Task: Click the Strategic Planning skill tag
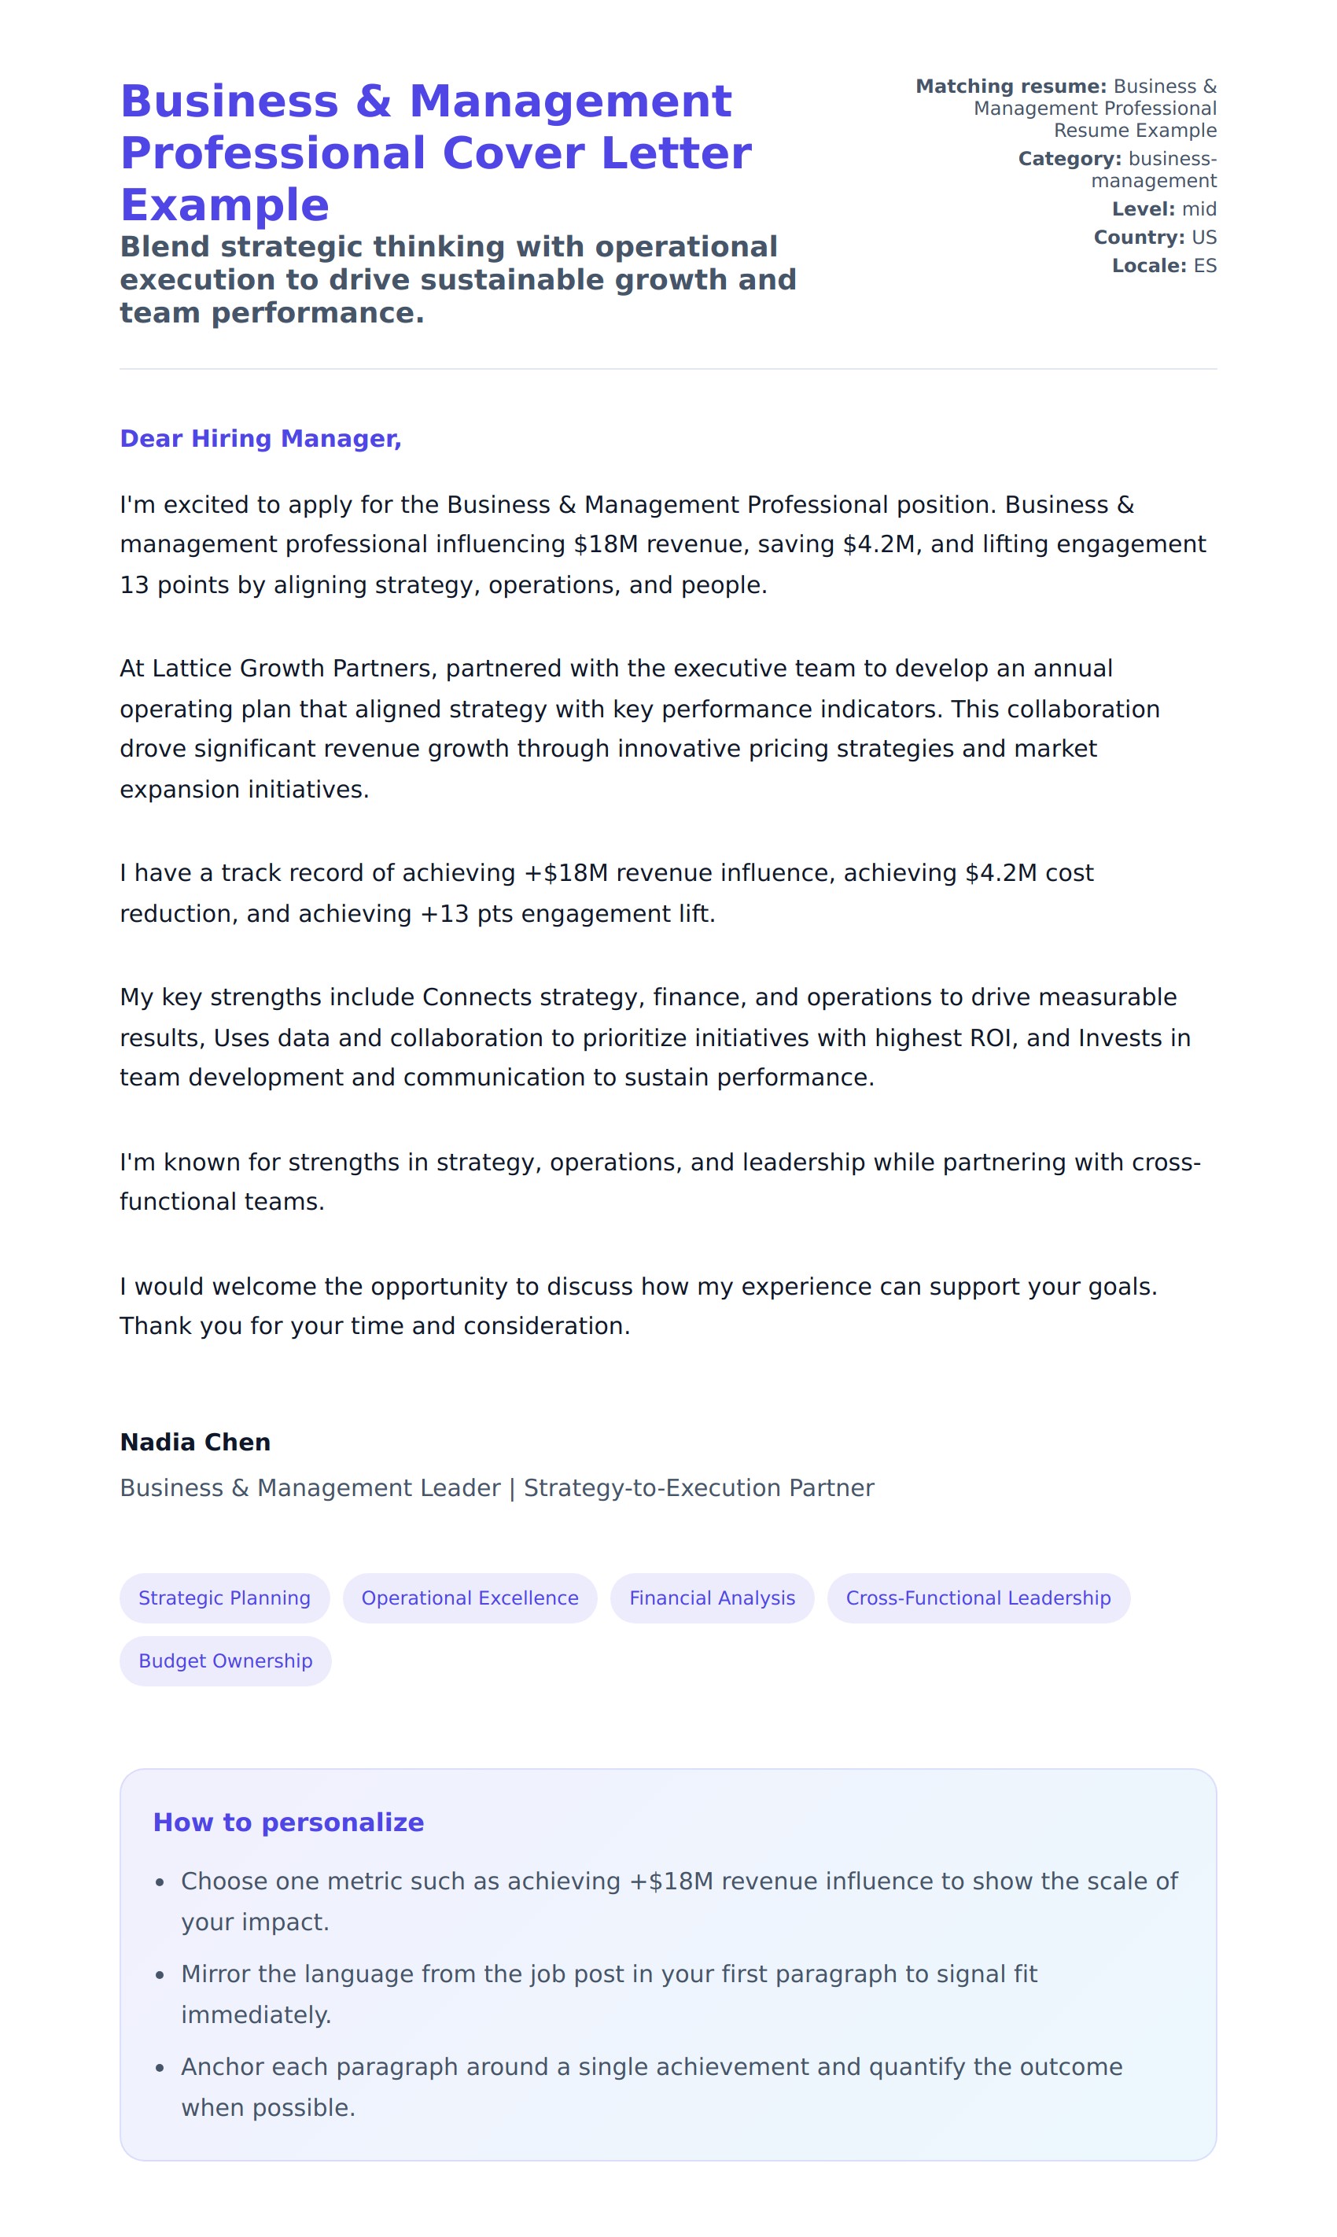(x=224, y=1598)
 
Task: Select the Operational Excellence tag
(x=470, y=1598)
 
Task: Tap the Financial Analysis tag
(x=712, y=1598)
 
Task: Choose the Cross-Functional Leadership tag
(x=978, y=1598)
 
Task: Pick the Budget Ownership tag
(x=225, y=1660)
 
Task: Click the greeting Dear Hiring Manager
(x=260, y=439)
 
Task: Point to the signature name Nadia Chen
(x=194, y=1443)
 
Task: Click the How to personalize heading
(x=289, y=1822)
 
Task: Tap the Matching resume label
(x=1010, y=87)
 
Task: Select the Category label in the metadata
(x=1070, y=160)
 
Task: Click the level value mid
(x=1199, y=210)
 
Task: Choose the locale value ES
(x=1205, y=266)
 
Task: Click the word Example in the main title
(x=224, y=205)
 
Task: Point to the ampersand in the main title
(x=373, y=101)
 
